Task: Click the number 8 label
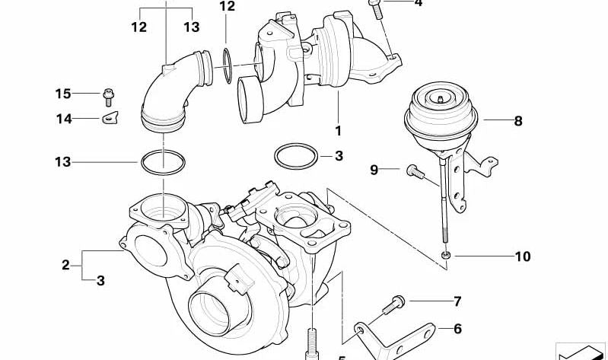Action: click(x=518, y=120)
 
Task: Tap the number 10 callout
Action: click(x=522, y=256)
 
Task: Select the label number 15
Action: click(x=62, y=94)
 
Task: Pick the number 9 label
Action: click(x=374, y=170)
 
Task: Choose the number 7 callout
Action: click(x=457, y=301)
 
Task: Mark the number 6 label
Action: click(x=457, y=329)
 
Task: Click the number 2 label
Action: click(x=65, y=265)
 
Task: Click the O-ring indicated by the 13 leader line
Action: click(x=163, y=162)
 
